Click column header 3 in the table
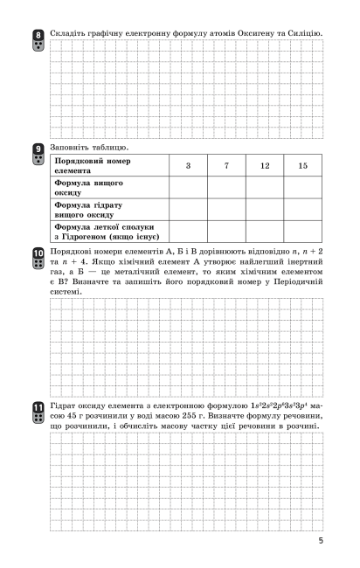[x=188, y=166]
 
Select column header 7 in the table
[x=226, y=166]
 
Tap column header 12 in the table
[x=264, y=166]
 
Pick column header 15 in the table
[x=302, y=166]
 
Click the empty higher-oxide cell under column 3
[x=188, y=188]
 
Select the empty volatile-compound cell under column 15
[x=302, y=231]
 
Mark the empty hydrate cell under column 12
[x=264, y=210]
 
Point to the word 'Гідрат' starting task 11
[x=66, y=406]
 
